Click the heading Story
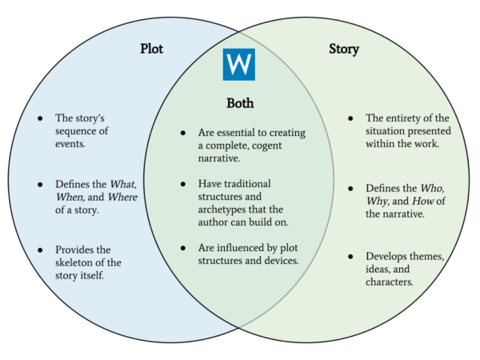(x=344, y=50)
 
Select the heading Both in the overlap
(x=239, y=103)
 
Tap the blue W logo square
(x=239, y=64)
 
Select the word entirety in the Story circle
(x=410, y=118)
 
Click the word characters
(x=390, y=282)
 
